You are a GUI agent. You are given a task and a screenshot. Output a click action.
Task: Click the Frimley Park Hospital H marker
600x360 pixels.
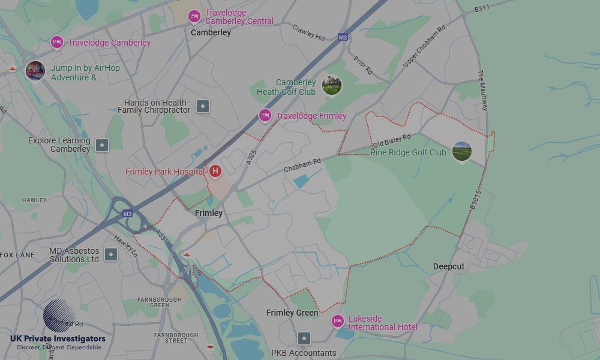(215, 172)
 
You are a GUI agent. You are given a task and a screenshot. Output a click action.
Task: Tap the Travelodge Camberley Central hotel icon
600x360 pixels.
(194, 16)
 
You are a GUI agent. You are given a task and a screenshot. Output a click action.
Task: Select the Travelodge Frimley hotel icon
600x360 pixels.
(265, 116)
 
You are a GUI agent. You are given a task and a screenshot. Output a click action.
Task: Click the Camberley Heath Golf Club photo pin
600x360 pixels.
(332, 85)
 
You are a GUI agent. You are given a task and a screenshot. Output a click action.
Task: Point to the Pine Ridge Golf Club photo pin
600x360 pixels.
(461, 152)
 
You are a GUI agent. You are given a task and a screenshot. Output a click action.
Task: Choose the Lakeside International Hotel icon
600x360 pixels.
(338, 322)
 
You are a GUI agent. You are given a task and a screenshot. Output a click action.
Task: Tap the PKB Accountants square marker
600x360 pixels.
(304, 339)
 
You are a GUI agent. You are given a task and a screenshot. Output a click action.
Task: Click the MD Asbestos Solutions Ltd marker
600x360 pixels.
(111, 254)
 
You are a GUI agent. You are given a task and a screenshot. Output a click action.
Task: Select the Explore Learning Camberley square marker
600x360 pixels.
(103, 145)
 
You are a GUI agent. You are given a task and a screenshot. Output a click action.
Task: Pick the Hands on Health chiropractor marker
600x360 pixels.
(203, 107)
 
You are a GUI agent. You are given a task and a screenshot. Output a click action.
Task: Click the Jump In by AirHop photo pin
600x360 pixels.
(35, 71)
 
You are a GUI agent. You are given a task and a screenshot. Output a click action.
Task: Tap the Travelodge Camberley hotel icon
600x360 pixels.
(57, 43)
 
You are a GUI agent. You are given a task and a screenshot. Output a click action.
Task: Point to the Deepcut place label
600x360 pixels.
(449, 266)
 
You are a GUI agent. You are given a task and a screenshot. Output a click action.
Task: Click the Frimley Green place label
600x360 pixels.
(292, 313)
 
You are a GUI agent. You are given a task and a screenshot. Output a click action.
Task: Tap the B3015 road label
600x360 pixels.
(475, 200)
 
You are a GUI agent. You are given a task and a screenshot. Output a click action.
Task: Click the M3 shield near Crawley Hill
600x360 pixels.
(343, 37)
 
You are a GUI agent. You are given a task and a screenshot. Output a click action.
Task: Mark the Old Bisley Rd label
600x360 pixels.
(392, 142)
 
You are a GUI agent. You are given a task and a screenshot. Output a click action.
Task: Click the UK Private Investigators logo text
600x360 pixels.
(58, 338)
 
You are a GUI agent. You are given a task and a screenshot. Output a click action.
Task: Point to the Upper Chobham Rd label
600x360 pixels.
(424, 46)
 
